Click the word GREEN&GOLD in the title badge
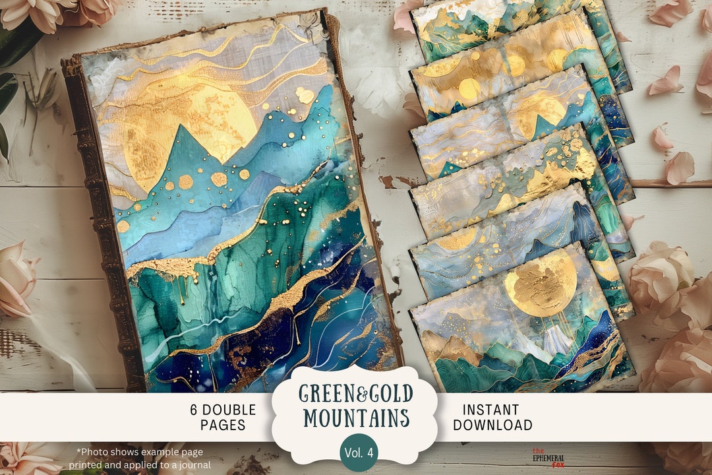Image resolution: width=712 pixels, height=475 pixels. pos(355,394)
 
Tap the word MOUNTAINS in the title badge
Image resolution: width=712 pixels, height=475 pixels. pos(355,418)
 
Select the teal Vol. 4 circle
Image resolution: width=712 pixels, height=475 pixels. pos(359,452)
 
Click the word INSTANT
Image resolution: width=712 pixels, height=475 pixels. pos(490,410)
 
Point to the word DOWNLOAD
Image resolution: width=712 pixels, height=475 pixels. pos(492,426)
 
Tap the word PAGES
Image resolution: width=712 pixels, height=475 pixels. pos(223,426)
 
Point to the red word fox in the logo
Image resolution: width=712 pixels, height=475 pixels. pos(558,464)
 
